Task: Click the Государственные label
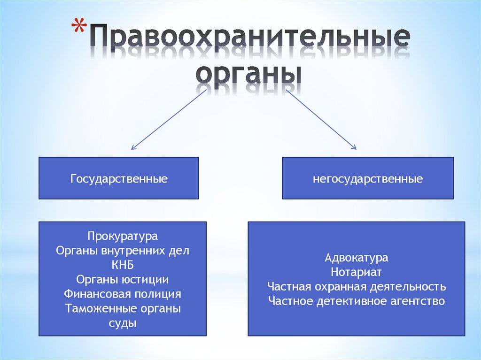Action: [119, 179]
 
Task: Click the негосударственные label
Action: [368, 179]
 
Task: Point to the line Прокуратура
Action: [123, 236]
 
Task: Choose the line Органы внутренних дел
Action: [123, 251]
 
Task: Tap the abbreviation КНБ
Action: [123, 265]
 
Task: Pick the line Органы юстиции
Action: [123, 280]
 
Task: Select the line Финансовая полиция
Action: [123, 294]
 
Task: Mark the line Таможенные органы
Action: [123, 309]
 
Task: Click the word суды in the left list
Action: [123, 323]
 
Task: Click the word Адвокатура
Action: [357, 258]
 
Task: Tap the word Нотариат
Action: [357, 272]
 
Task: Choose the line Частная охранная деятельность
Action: [357, 287]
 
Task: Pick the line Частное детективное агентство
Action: [357, 301]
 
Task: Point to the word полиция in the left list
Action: [158, 294]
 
